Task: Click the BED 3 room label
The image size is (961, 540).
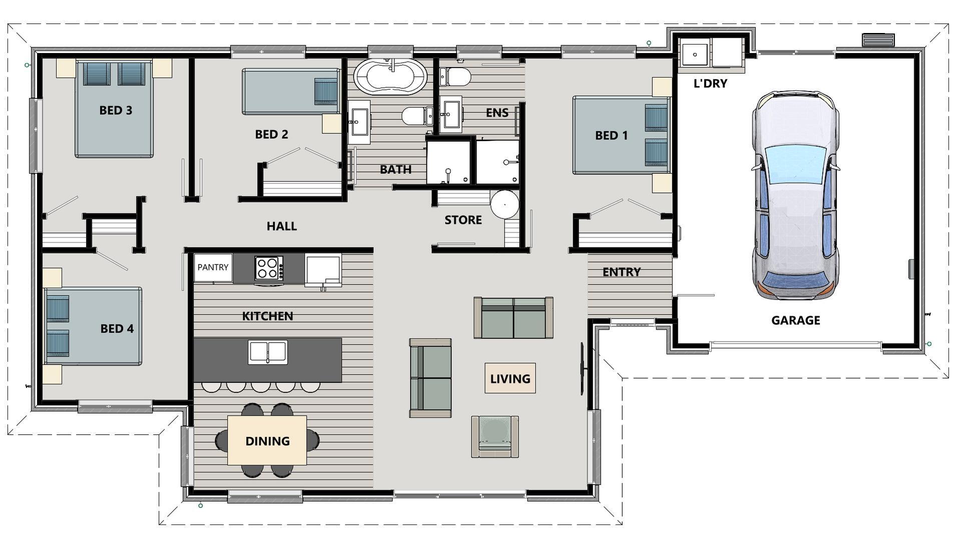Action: point(116,110)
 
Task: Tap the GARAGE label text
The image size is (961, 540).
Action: point(795,320)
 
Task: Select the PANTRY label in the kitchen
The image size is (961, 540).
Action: point(213,267)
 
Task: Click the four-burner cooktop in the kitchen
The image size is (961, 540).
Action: point(269,268)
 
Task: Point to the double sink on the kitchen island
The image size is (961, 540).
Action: point(268,352)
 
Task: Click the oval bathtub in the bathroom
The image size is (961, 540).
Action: point(390,77)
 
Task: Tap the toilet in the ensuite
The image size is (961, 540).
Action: point(455,77)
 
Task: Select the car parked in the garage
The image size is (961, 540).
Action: point(795,195)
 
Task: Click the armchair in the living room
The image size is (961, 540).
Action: point(495,436)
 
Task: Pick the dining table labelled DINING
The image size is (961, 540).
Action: point(267,440)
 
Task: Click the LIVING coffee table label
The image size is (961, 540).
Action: point(510,378)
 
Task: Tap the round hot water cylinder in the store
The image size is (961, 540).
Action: point(505,204)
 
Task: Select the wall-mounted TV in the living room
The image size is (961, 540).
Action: point(582,368)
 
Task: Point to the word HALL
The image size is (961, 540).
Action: point(282,226)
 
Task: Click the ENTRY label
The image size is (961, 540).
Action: point(622,272)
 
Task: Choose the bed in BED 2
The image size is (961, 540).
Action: point(291,91)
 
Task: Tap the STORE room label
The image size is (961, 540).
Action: point(463,220)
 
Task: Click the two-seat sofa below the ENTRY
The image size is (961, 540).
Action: point(514,317)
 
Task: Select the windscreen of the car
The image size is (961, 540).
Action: point(795,164)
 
